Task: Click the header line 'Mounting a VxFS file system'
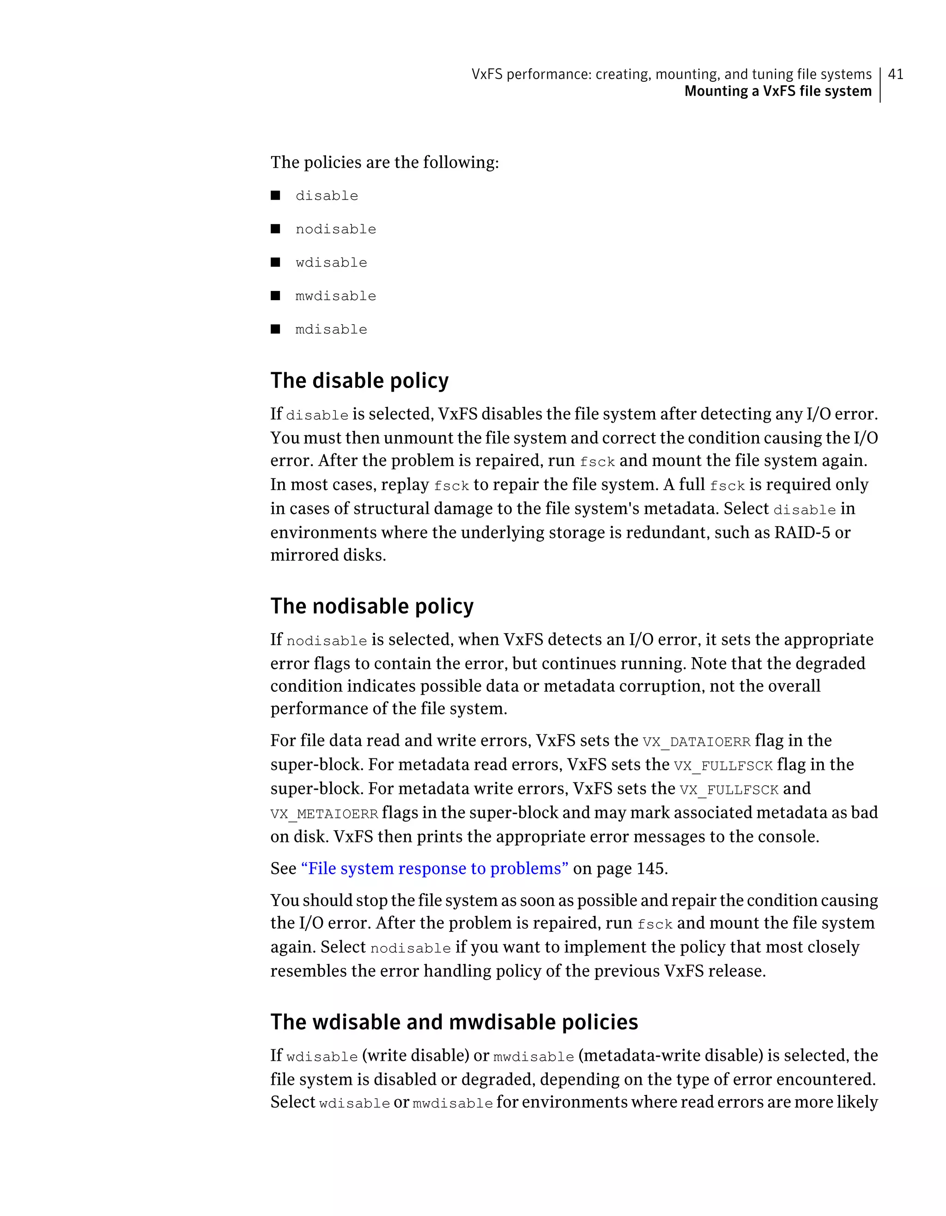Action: [x=777, y=91]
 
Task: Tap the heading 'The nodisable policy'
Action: [x=371, y=606]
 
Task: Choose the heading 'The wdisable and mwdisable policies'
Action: [x=454, y=1022]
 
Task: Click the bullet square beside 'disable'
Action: [x=275, y=195]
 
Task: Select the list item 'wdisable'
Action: [x=331, y=263]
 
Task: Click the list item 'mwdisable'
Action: [x=335, y=296]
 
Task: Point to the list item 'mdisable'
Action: [x=331, y=330]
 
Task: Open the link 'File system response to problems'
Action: [x=434, y=869]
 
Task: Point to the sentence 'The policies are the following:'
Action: [x=384, y=163]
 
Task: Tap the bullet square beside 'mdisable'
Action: [x=275, y=329]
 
